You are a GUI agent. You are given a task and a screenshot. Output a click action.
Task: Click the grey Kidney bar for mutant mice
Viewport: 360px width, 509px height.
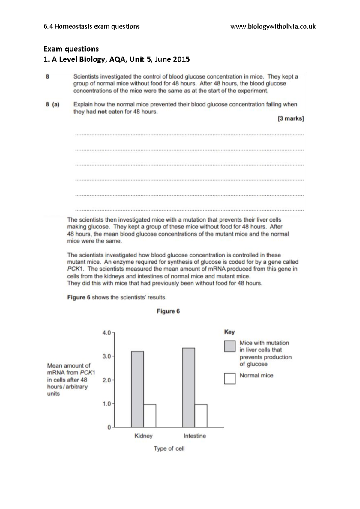[x=137, y=389]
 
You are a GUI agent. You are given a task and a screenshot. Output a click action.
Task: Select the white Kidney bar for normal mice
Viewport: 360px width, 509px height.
[x=150, y=415]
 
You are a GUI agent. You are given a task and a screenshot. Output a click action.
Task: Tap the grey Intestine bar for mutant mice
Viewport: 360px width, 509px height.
[x=188, y=387]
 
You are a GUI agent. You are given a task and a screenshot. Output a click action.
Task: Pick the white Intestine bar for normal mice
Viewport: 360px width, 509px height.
[x=201, y=415]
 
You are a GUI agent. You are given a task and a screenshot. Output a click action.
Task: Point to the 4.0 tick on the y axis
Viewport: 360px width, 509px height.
[x=107, y=333]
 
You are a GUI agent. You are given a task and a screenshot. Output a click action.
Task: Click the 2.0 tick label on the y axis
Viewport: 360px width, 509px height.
[x=107, y=380]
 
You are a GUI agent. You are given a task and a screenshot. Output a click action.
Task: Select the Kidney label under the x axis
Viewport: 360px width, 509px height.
[x=143, y=436]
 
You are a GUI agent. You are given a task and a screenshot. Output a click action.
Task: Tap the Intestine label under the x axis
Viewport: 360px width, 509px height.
[x=195, y=436]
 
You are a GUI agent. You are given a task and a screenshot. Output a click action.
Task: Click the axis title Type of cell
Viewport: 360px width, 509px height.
[x=169, y=448]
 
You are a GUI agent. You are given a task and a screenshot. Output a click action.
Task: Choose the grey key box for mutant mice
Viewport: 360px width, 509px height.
[x=229, y=346]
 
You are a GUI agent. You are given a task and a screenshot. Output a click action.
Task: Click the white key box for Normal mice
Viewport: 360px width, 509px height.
[x=229, y=378]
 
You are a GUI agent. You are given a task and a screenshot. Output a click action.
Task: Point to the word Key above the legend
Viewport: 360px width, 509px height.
[x=229, y=332]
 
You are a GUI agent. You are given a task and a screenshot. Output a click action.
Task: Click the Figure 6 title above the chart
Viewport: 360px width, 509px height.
[x=168, y=311]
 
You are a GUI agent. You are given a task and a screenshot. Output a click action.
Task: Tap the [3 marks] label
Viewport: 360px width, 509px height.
[x=290, y=119]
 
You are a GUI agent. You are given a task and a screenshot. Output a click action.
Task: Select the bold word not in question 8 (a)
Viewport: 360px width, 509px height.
[x=102, y=112]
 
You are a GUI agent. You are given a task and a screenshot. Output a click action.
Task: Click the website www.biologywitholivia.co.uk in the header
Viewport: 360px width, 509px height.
[x=273, y=27]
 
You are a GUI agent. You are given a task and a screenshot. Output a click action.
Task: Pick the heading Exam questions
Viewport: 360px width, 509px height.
[x=71, y=49]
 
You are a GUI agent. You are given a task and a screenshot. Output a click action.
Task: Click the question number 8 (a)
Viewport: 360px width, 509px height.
[x=52, y=105]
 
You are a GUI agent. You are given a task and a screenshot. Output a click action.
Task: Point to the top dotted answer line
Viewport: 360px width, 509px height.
[x=189, y=135]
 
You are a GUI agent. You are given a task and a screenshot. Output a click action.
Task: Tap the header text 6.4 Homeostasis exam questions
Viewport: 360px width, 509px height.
[x=91, y=27]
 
